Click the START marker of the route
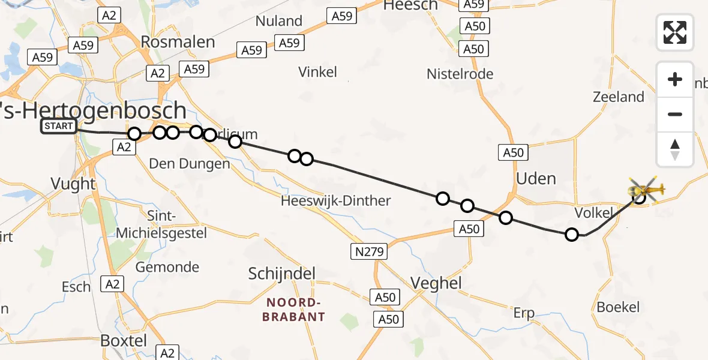coord(59,126)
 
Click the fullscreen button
coord(675,32)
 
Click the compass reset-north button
coord(675,149)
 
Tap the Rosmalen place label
coord(178,42)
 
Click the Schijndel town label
coord(282,274)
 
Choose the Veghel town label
coord(436,283)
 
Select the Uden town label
coord(536,178)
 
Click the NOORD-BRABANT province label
coord(293,310)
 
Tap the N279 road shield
coord(369,251)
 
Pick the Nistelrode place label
coord(460,74)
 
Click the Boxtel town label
coord(124,340)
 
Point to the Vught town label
coord(73,184)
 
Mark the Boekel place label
coord(618,307)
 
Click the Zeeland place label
coord(618,97)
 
